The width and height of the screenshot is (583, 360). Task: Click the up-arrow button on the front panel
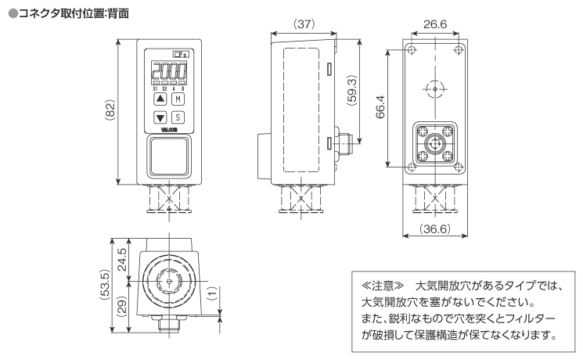tap(160, 99)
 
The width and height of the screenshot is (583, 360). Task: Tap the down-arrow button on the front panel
tap(160, 118)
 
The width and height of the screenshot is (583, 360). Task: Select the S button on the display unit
tap(178, 118)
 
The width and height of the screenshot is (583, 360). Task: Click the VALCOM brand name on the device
tap(169, 131)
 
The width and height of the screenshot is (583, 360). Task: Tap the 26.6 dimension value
tap(434, 24)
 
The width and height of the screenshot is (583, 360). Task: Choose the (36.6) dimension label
tap(434, 229)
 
